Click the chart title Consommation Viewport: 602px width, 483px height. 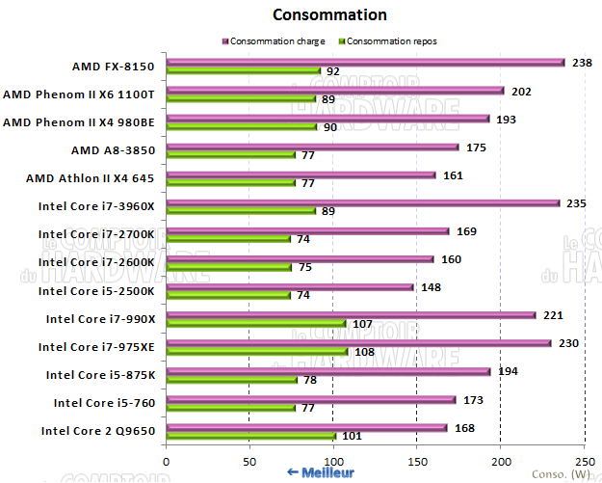[x=329, y=14]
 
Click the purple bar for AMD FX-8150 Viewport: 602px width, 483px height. [x=365, y=63]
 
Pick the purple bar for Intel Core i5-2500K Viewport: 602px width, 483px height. [x=290, y=286]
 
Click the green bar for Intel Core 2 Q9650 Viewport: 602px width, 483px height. [x=250, y=435]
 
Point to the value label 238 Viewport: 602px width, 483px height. [x=582, y=62]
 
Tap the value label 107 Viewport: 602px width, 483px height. [x=362, y=323]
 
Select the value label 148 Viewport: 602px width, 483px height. [x=432, y=286]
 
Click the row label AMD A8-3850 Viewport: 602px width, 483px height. [x=113, y=150]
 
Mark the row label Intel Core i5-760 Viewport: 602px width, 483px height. [x=104, y=402]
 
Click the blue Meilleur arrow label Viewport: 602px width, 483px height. [x=321, y=472]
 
